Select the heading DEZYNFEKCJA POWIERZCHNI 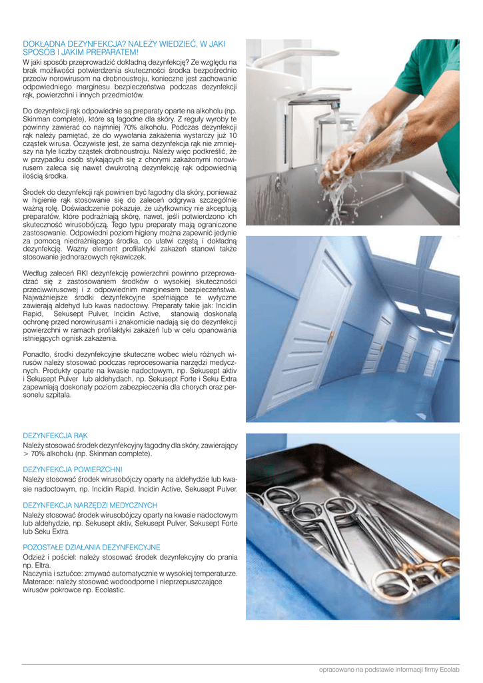[73, 470]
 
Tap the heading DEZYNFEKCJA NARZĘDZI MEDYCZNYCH [90, 506]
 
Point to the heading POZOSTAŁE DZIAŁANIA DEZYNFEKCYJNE [91, 547]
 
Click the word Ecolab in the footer [468, 669]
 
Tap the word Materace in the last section [39, 581]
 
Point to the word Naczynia [40, 573]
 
